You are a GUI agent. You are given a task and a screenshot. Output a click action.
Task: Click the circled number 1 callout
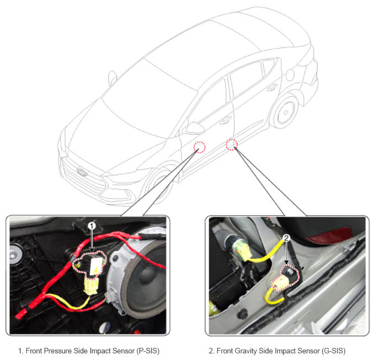[x=92, y=225]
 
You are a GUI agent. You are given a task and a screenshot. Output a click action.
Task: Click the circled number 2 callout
[x=286, y=238]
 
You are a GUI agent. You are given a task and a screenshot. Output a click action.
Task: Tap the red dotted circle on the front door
[x=200, y=147]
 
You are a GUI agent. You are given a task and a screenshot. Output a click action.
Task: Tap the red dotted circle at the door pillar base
[x=232, y=144]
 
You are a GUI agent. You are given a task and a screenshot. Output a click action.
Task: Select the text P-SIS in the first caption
[x=148, y=351]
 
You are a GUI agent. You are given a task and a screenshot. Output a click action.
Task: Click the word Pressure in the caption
[x=58, y=351]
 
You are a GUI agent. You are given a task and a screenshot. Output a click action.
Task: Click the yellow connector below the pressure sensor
[x=90, y=286]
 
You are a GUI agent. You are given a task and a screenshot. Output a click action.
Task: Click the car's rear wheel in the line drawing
[x=285, y=111]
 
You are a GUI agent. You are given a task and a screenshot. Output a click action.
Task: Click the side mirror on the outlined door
[x=194, y=128]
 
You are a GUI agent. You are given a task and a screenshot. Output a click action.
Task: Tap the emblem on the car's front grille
[x=82, y=171]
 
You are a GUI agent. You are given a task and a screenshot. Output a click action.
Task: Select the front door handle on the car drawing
[x=226, y=120]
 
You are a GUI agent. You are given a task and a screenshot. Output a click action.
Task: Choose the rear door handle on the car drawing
[x=272, y=88]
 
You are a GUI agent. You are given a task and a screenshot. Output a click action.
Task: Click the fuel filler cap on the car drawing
[x=290, y=75]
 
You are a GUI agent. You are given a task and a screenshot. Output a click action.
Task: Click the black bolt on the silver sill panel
[x=243, y=314]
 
